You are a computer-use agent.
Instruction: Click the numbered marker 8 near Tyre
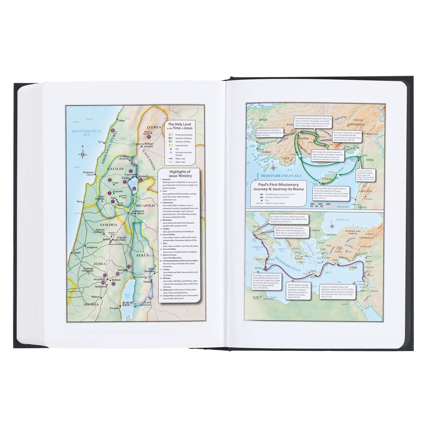[113, 131]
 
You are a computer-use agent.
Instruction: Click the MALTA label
[258, 268]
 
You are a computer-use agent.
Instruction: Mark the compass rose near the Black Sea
[332, 226]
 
